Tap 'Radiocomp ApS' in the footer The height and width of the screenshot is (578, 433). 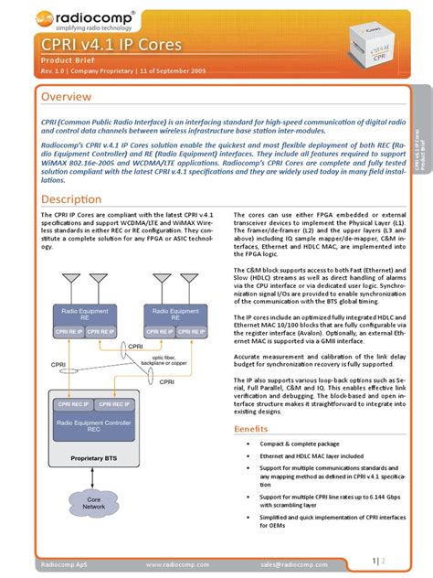pos(62,566)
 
